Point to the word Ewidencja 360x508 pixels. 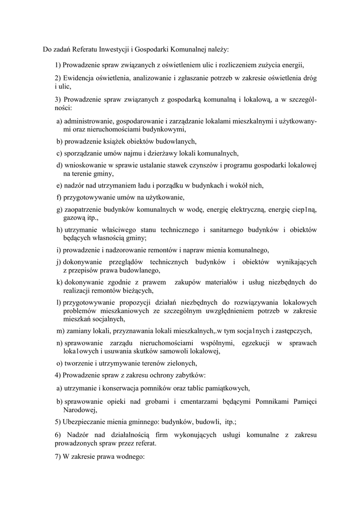pos(79,78)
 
